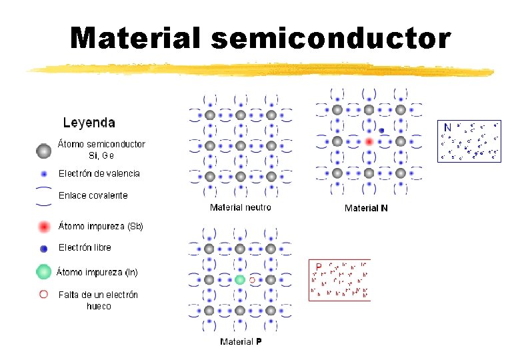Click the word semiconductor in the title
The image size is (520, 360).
[331, 38]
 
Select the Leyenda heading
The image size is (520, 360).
[89, 123]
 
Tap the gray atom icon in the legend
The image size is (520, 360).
[44, 151]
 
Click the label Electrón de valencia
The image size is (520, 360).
[99, 173]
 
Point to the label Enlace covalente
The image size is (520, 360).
[93, 195]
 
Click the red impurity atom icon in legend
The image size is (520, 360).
[44, 227]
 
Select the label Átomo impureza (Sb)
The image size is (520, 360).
[101, 226]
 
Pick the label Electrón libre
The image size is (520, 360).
[85, 247]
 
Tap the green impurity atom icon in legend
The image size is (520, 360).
[44, 272]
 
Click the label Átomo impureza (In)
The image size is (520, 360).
[97, 272]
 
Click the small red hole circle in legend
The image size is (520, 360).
[44, 294]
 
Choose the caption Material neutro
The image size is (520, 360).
[241, 207]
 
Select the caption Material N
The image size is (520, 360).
[366, 208]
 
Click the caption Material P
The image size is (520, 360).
[241, 342]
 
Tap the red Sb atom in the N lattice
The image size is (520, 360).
[369, 141]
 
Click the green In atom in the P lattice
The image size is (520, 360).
[240, 280]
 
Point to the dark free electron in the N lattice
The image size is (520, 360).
[382, 130]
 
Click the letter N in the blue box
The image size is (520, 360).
[448, 127]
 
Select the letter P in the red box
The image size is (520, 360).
[319, 266]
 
